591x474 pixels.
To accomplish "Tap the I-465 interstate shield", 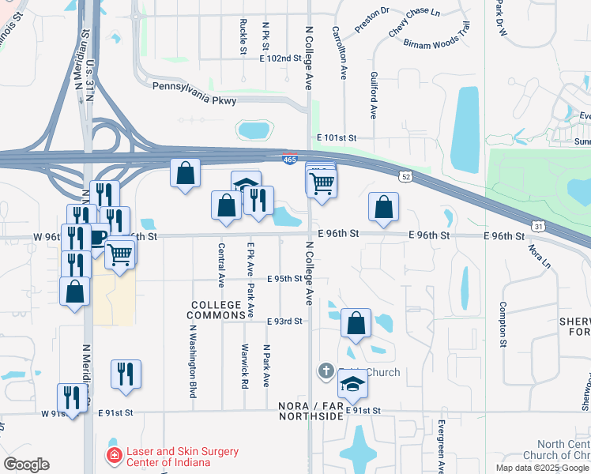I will (290, 160).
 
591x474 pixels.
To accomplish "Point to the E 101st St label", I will (337, 137).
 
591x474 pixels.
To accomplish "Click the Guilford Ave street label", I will (373, 94).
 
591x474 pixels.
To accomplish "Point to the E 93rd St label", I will (285, 322).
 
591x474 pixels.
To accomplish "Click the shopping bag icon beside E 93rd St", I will (356, 322).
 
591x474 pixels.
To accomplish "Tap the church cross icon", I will (326, 371).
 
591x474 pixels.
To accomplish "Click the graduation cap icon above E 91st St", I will (352, 384).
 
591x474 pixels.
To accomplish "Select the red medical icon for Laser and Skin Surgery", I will (115, 457).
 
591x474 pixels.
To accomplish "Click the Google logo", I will (26, 465).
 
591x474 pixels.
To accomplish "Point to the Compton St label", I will (502, 325).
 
